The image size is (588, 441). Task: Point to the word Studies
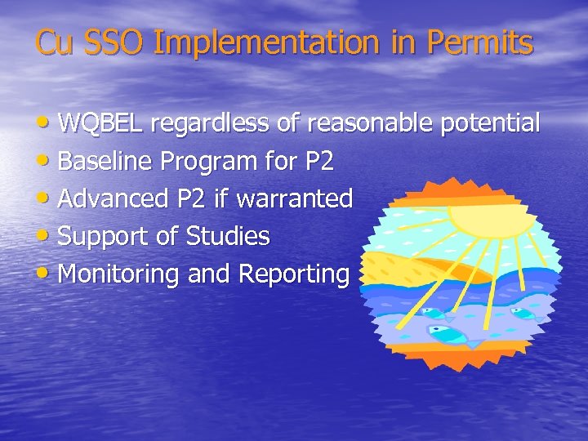tap(228, 236)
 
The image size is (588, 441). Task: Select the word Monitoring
tap(120, 274)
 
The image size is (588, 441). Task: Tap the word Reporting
tap(293, 274)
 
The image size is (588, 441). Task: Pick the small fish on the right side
tap(523, 313)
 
